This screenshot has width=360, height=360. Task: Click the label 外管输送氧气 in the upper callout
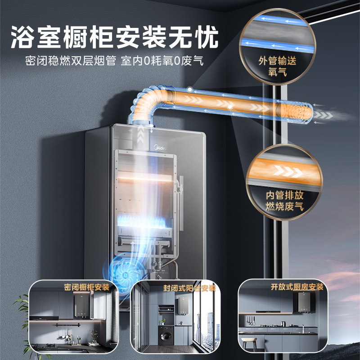pyautogui.click(x=278, y=67)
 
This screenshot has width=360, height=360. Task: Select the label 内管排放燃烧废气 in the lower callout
pyautogui.click(x=284, y=201)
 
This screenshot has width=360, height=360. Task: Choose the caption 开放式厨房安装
pyautogui.click(x=297, y=287)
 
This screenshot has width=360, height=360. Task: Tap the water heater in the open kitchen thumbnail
pyautogui.click(x=299, y=302)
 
